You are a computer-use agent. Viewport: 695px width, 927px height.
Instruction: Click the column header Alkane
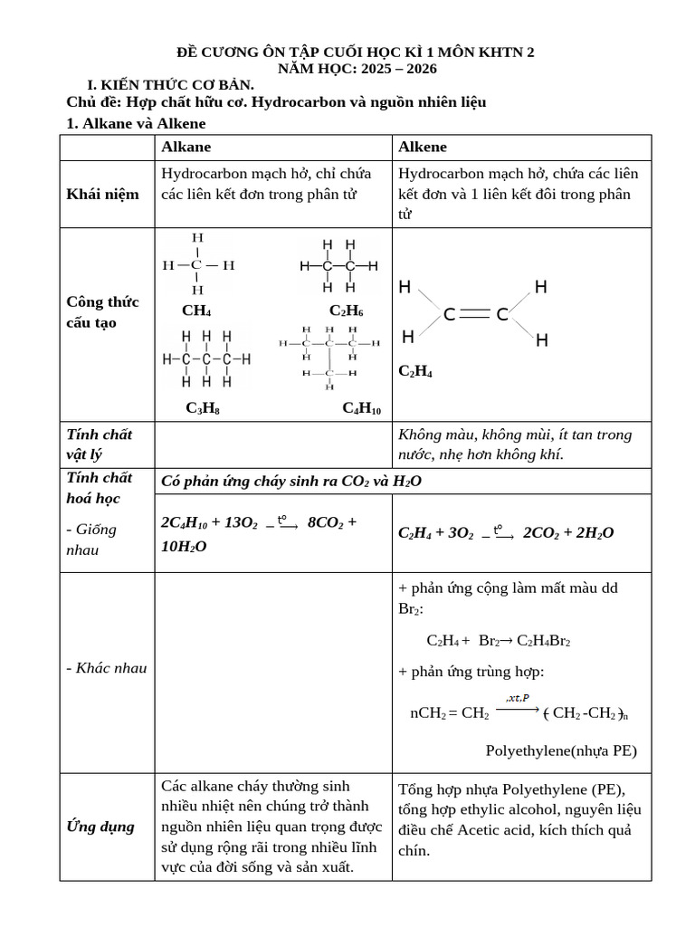point(186,148)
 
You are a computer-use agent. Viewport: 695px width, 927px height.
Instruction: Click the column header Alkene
point(422,148)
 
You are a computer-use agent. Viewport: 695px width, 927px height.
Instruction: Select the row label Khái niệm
point(102,195)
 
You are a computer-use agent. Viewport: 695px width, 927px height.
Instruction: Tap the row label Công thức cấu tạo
point(102,312)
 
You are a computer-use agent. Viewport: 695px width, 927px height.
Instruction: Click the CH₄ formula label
point(196,311)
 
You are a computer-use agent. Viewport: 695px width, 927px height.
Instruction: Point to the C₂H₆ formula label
point(346,311)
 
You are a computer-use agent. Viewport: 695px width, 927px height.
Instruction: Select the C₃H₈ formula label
point(203,408)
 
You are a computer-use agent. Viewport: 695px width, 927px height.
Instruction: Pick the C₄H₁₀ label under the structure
point(361,408)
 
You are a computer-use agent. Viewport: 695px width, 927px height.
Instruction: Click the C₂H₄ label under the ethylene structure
point(414,371)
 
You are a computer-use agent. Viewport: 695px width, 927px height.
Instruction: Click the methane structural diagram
point(197,264)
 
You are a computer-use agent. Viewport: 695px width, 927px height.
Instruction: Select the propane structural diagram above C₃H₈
point(205,358)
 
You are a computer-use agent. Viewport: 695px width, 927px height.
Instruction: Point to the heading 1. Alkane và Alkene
point(137,123)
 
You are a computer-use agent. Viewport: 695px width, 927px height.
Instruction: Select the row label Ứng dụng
point(100,827)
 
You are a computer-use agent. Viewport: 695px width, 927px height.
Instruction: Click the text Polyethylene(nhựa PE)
point(561,750)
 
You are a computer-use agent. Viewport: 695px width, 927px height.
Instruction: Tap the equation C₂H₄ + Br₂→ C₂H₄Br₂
point(498,640)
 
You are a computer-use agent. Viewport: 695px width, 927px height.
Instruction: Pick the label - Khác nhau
point(107,668)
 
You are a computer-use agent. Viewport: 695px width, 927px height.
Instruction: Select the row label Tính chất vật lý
point(100,444)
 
